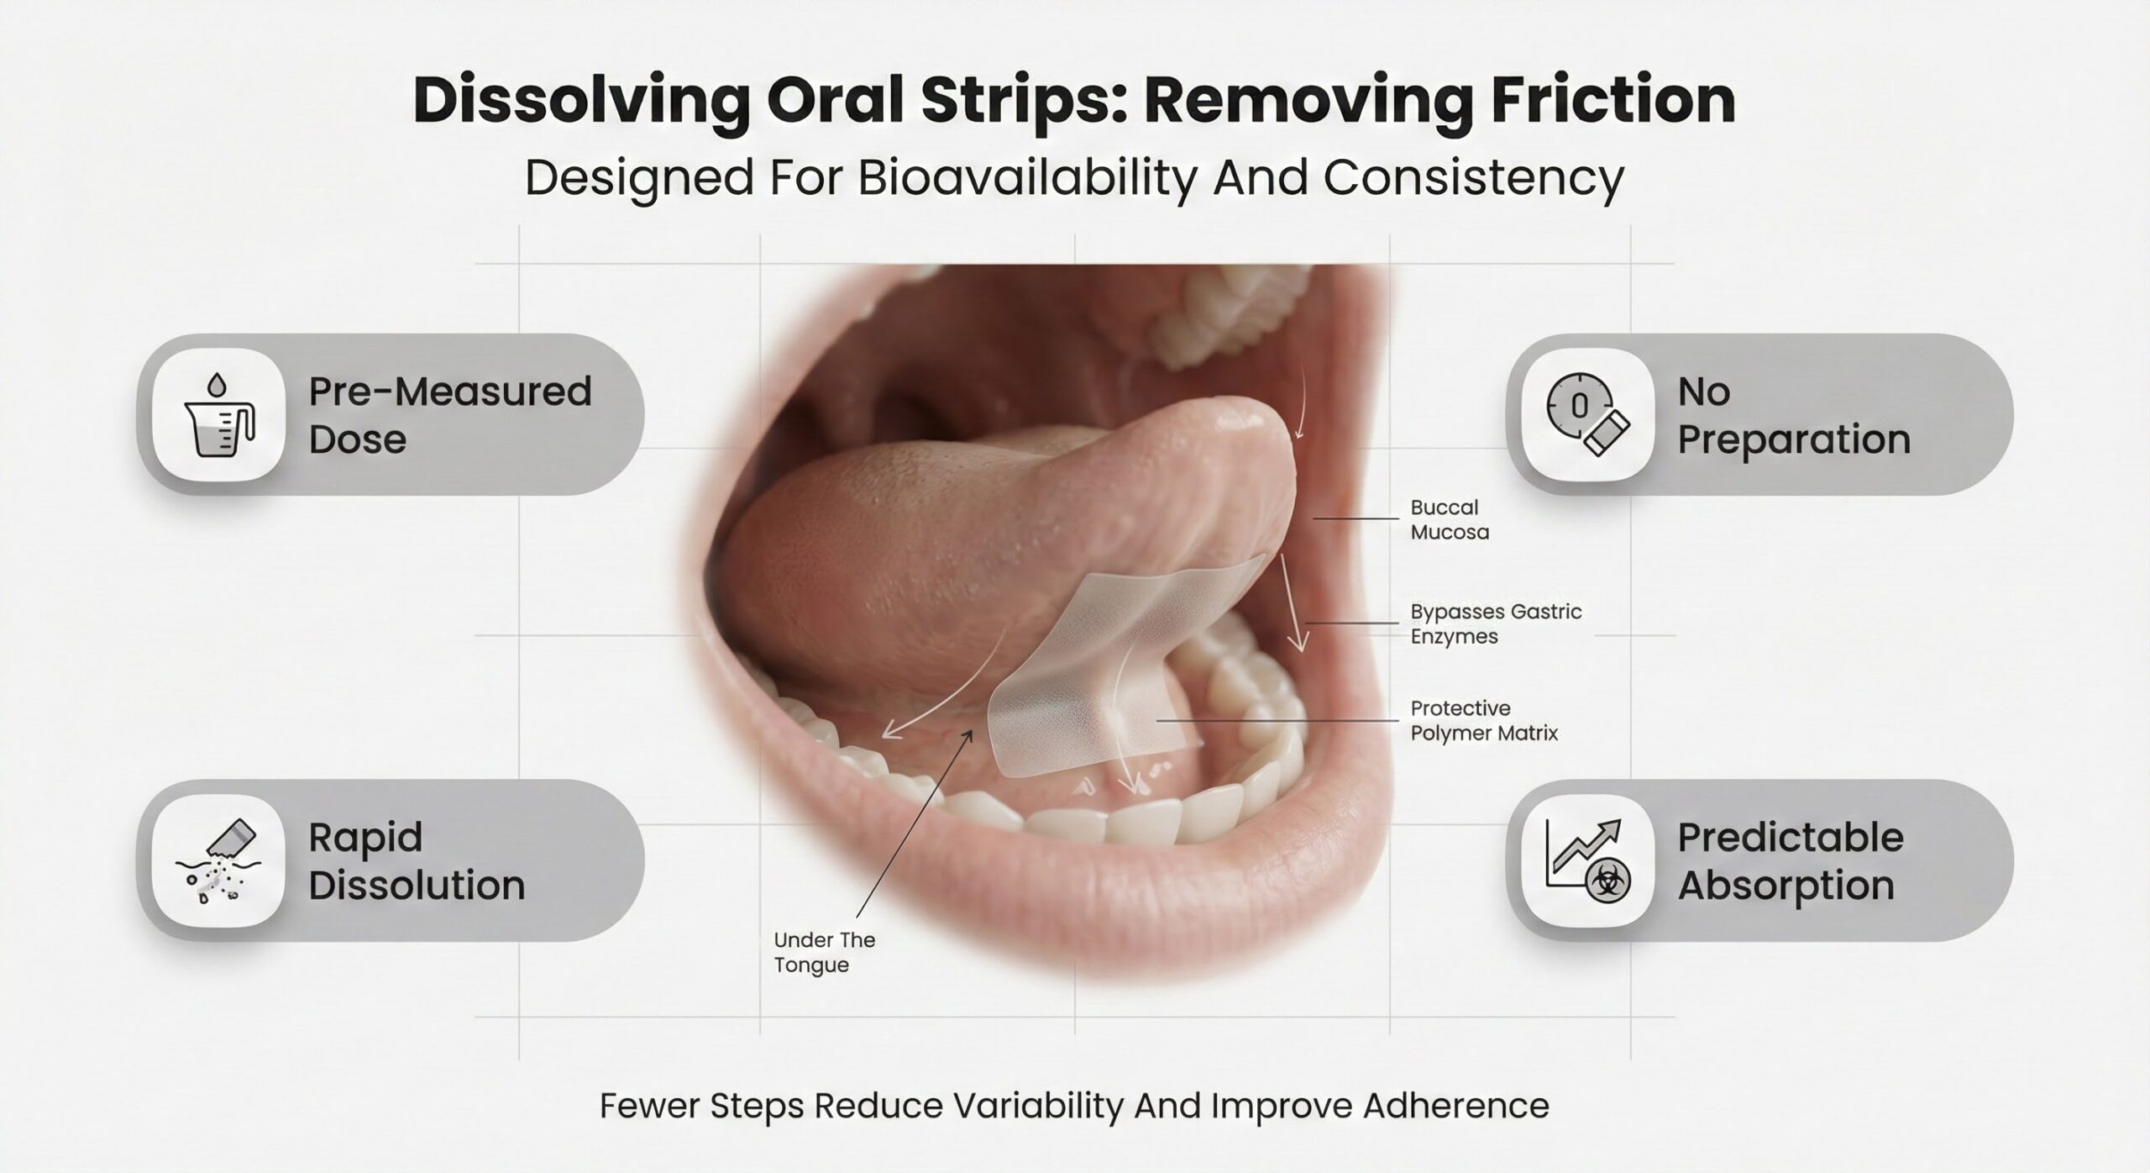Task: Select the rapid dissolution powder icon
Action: pyautogui.click(x=218, y=860)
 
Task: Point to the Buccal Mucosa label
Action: pyautogui.click(x=1450, y=519)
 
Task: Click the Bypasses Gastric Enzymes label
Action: pyautogui.click(x=1496, y=623)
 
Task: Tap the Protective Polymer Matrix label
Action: pyautogui.click(x=1484, y=720)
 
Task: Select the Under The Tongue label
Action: pyautogui.click(x=824, y=952)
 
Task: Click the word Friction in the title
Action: pyautogui.click(x=1603, y=101)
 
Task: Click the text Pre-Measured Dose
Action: pyautogui.click(x=450, y=415)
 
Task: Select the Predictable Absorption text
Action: pyautogui.click(x=1791, y=860)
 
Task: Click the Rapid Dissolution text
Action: pyautogui.click(x=417, y=860)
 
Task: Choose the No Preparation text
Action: pyautogui.click(x=1794, y=415)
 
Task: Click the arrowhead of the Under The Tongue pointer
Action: pyautogui.click(x=968, y=735)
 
